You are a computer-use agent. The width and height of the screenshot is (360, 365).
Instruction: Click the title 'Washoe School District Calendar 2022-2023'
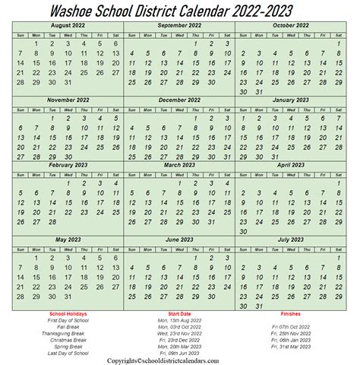pyautogui.click(x=179, y=10)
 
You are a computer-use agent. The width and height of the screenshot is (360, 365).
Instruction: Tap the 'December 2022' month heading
pyautogui.click(x=179, y=99)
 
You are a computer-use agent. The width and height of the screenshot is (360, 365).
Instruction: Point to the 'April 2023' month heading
pyautogui.click(x=291, y=163)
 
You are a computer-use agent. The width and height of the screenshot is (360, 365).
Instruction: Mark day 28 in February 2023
pyautogui.click(x=51, y=221)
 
